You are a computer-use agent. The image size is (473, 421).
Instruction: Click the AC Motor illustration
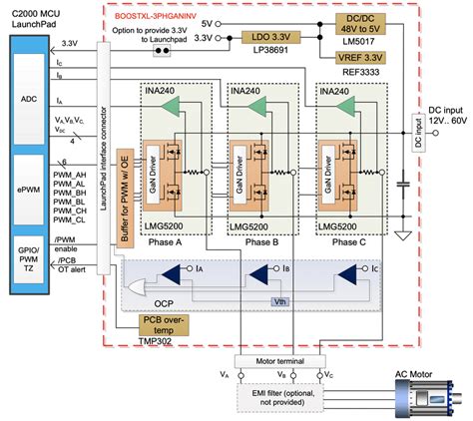(x=418, y=394)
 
